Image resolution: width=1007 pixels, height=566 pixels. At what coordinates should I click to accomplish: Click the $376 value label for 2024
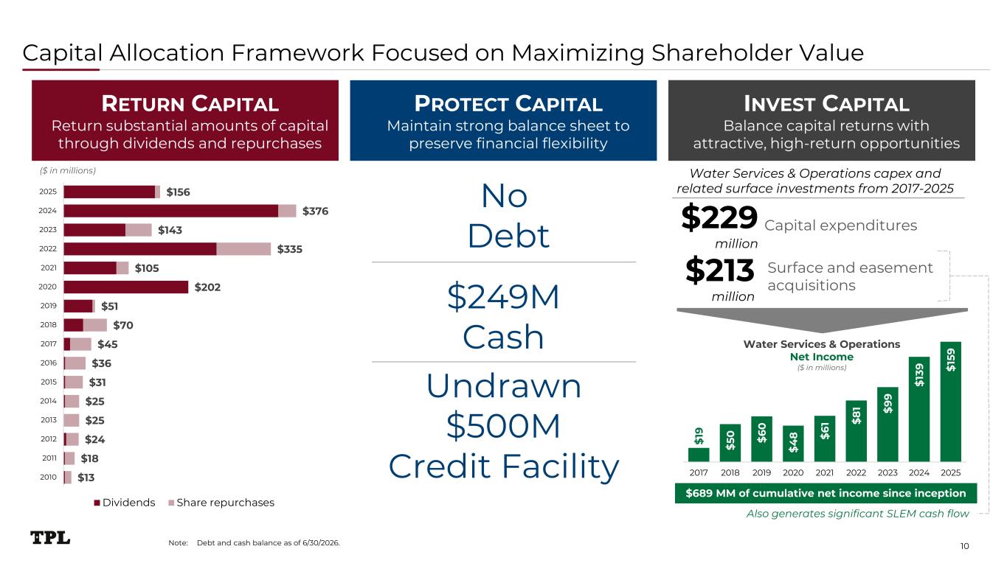tap(315, 211)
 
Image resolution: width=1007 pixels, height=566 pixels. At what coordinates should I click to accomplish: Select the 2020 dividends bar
tap(126, 287)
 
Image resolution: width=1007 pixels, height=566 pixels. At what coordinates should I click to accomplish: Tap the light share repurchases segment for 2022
tap(243, 249)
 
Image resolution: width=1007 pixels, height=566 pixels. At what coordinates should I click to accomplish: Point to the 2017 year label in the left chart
tap(49, 344)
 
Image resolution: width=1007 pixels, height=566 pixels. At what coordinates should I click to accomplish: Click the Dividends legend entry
tap(125, 503)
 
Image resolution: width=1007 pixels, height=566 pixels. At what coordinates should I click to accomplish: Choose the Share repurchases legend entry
tap(221, 503)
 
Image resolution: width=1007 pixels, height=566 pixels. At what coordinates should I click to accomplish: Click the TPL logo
tap(50, 538)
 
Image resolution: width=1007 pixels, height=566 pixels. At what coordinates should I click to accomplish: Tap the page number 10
tap(964, 546)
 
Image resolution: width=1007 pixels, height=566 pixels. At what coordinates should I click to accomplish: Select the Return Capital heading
tap(190, 104)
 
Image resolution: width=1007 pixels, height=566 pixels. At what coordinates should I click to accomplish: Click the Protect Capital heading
tap(508, 104)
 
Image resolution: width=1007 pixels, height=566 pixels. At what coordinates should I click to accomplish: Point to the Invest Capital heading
tap(826, 104)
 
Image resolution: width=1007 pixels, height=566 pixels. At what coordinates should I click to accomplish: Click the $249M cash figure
tap(503, 297)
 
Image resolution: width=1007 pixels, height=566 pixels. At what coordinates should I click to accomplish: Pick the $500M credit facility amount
tap(503, 426)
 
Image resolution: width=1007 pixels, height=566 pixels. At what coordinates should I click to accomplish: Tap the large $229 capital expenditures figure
tap(719, 217)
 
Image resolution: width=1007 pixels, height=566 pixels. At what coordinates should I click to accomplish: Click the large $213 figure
tap(719, 270)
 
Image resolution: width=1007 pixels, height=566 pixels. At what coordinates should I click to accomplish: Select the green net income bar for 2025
tap(950, 402)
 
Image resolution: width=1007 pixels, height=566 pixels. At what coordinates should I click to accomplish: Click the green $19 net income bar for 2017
tap(699, 455)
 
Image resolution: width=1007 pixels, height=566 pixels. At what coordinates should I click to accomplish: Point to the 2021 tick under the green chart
tap(825, 472)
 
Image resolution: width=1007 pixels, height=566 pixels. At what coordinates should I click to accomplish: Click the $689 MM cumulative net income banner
tap(826, 493)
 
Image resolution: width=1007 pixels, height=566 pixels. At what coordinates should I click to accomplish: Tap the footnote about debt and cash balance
tap(255, 542)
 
